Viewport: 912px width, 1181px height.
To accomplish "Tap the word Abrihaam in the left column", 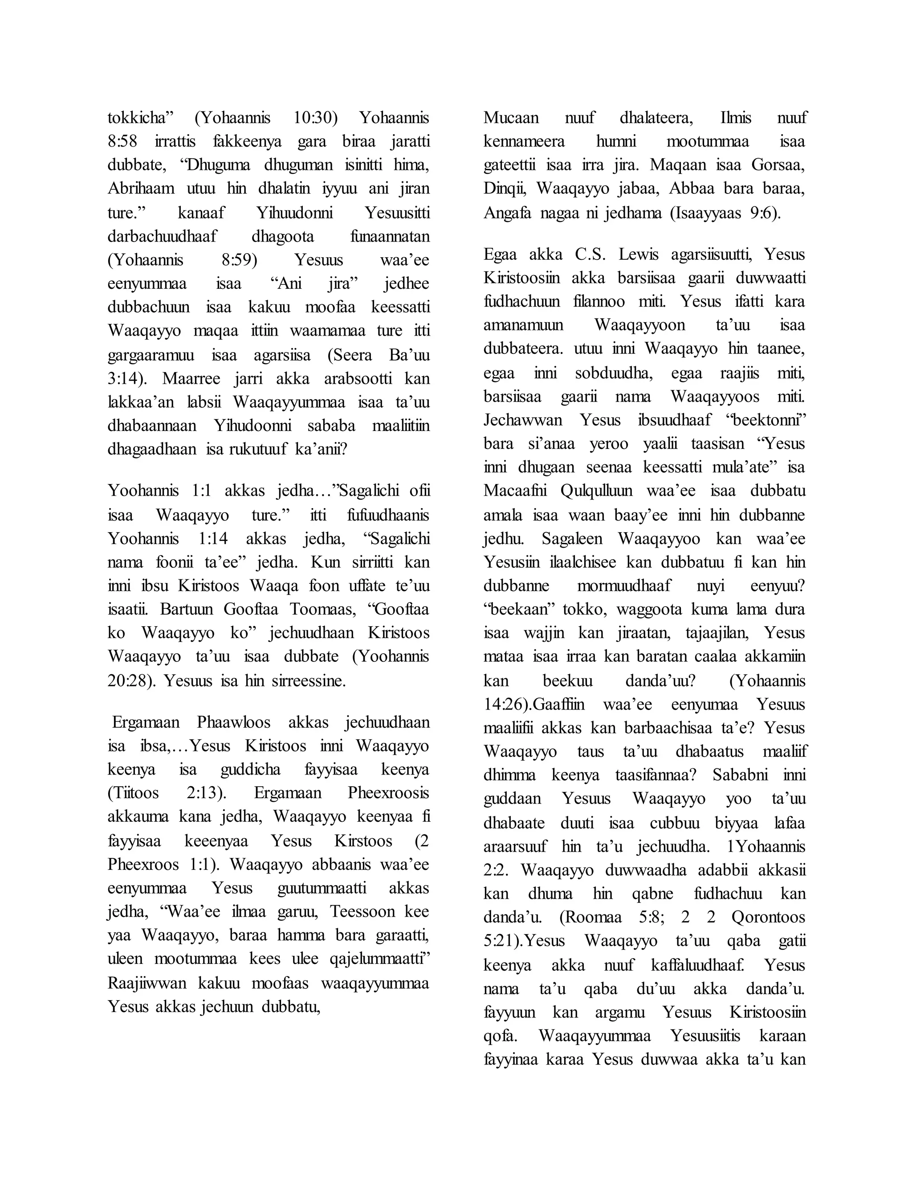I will (x=141, y=189).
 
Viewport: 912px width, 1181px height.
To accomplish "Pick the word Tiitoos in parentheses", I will (x=134, y=793).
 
